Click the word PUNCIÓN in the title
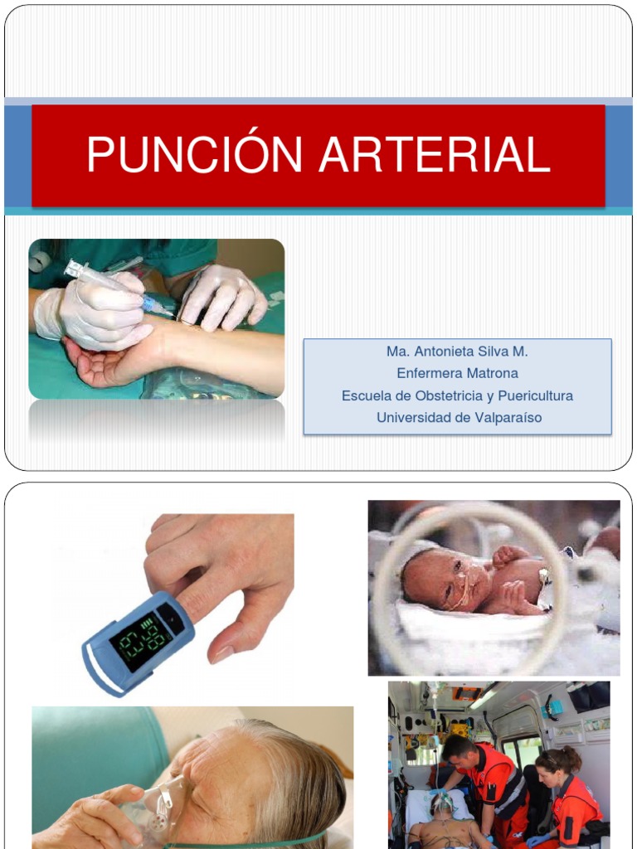[x=196, y=155]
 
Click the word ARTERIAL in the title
[x=435, y=155]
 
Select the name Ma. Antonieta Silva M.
[x=457, y=352]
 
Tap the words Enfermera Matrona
[x=457, y=373]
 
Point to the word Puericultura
[x=534, y=395]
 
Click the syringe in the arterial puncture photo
[x=116, y=286]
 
